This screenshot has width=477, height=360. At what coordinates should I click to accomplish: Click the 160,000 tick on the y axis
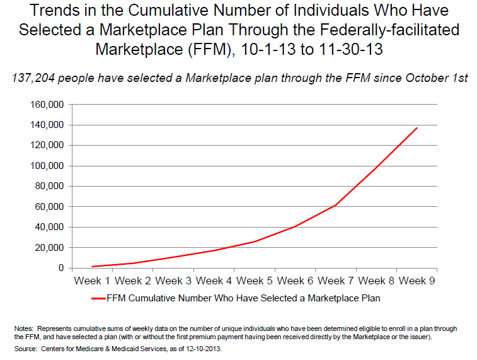(x=46, y=105)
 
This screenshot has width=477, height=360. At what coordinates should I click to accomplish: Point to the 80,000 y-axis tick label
(x=49, y=186)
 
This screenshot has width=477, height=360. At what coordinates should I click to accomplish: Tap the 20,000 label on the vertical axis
(x=49, y=248)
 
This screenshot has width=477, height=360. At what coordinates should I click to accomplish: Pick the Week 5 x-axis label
(x=255, y=281)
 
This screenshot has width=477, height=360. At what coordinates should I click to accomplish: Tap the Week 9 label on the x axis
(x=417, y=281)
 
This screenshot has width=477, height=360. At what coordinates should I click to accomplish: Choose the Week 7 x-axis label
(x=336, y=281)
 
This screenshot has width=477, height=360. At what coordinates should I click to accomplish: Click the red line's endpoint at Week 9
(x=417, y=128)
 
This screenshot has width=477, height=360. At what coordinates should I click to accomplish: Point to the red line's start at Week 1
(x=93, y=267)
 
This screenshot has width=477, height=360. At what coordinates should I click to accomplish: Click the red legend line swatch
(x=97, y=298)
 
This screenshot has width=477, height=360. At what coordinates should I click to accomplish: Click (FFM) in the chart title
(x=203, y=49)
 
